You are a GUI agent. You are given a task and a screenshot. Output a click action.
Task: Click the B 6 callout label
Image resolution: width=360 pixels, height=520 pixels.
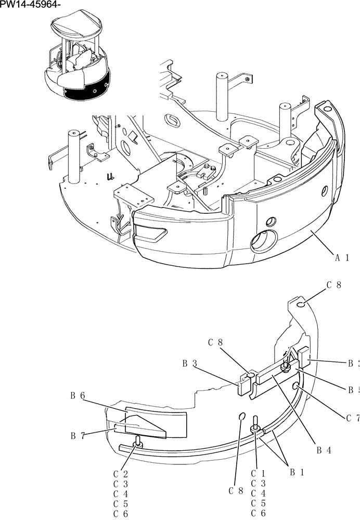coord(78,396)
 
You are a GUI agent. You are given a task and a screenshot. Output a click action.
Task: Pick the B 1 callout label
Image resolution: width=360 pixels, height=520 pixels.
coord(297,473)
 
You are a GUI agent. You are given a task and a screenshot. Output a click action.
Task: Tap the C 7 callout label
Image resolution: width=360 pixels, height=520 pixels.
coord(352,418)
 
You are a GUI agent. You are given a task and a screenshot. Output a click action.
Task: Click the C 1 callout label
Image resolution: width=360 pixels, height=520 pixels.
coord(258,473)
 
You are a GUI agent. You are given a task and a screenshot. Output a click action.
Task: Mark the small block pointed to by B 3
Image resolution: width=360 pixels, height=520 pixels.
coord(244,387)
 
